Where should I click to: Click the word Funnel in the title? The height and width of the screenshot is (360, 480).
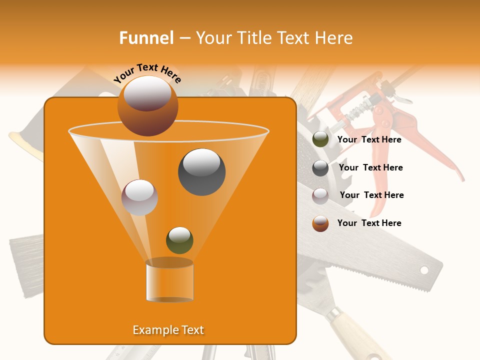(x=146, y=38)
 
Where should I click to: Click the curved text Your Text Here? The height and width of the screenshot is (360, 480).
(x=147, y=73)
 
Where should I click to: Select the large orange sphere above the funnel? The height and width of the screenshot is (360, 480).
(x=147, y=106)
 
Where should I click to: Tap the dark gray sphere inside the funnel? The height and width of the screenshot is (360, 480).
(x=201, y=172)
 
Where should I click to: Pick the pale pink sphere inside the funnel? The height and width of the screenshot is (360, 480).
(x=139, y=197)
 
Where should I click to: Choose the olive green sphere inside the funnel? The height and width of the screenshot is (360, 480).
(x=179, y=240)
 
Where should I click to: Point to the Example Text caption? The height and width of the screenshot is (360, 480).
(x=168, y=330)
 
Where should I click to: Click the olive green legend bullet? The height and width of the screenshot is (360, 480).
(x=320, y=139)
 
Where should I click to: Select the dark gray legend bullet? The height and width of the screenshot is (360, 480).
(x=320, y=168)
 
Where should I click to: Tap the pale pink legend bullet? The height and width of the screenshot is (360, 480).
(x=320, y=196)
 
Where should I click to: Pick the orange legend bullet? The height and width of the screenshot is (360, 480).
(x=320, y=223)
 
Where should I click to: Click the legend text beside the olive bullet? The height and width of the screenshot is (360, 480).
(x=369, y=140)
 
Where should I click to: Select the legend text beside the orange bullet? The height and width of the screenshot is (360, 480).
(x=369, y=223)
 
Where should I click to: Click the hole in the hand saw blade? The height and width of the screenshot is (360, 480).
(x=424, y=270)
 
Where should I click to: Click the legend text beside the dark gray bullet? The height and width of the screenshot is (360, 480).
(x=370, y=167)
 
